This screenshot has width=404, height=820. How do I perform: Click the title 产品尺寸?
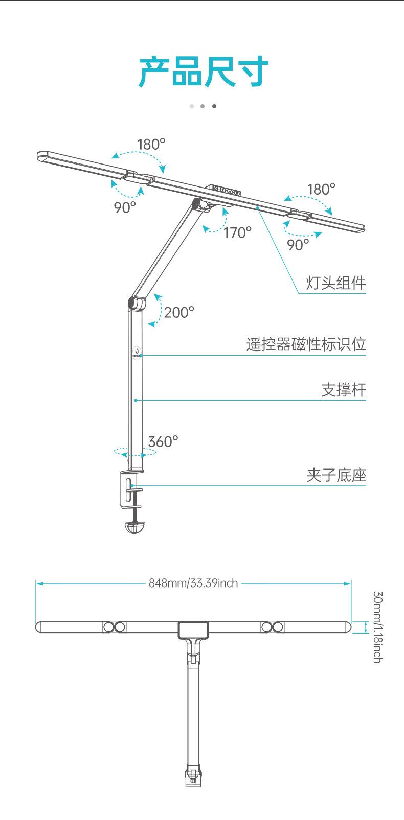pos(204,72)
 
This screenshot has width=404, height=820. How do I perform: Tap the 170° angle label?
pos(237,233)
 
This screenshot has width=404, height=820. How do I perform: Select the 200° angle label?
pos(179,312)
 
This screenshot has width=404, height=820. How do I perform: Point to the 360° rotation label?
pos(163,441)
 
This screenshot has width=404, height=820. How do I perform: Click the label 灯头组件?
pos(336,283)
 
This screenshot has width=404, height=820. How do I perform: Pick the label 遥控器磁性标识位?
pos(306,344)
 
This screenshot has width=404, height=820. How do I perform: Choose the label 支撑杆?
pos(344,390)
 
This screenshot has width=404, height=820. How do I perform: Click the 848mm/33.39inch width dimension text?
pos(193,583)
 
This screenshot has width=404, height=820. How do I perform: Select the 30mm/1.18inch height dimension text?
pos(377,627)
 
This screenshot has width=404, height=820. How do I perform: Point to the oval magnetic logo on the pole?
pos(137,353)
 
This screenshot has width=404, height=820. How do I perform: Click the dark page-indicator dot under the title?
pos(214,106)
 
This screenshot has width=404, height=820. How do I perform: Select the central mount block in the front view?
pos(193,629)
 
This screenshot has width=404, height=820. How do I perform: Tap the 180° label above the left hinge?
pos(151,145)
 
